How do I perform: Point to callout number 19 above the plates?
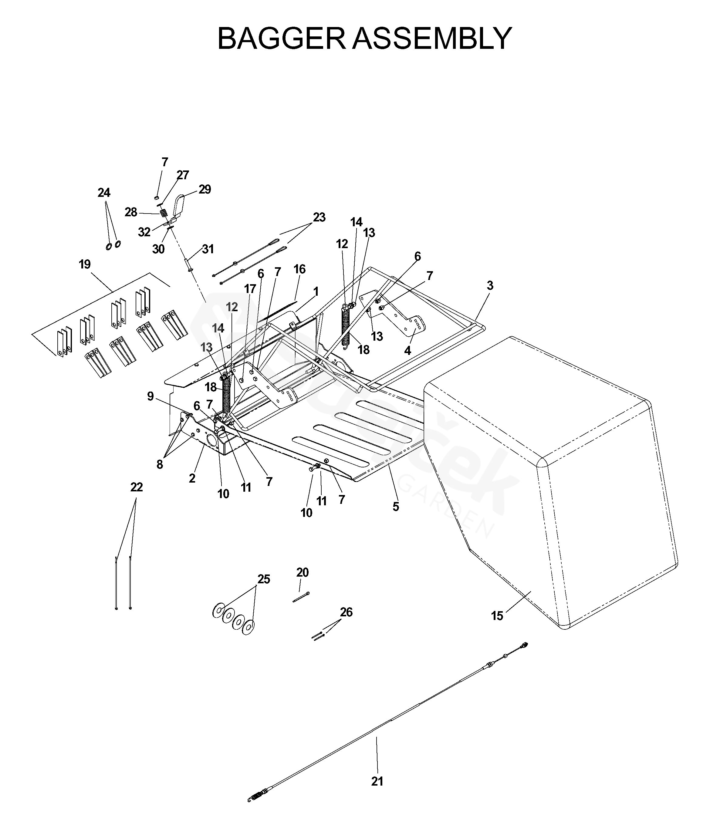click(x=85, y=264)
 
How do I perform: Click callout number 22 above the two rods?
click(x=137, y=487)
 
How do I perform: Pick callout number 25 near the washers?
click(x=264, y=579)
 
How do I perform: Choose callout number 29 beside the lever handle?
click(x=205, y=189)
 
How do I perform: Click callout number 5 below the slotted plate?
click(x=396, y=507)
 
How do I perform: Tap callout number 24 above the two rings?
click(x=104, y=193)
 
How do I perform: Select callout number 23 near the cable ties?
click(x=319, y=217)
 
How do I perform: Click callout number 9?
click(x=150, y=396)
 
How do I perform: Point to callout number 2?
click(x=192, y=478)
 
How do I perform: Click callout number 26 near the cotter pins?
click(x=346, y=612)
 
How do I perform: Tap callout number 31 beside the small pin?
click(x=208, y=249)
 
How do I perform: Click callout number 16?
click(x=299, y=269)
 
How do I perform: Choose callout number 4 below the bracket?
click(x=407, y=351)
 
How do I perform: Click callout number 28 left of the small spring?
click(x=131, y=212)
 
